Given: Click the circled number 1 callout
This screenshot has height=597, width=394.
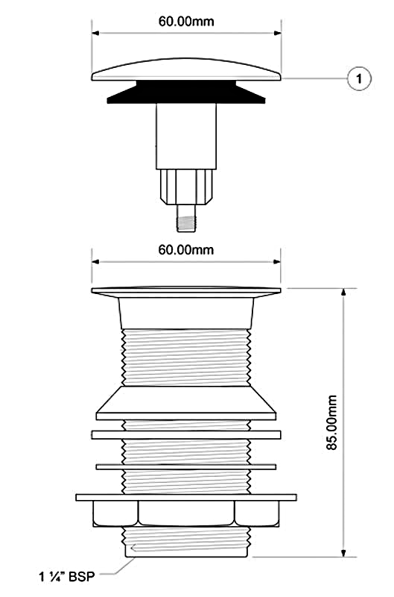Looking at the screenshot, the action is pos(359,79).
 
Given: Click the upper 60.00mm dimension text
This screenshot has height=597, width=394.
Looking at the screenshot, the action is pos(186,22).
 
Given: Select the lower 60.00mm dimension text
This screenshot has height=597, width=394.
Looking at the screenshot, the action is pos(185,250).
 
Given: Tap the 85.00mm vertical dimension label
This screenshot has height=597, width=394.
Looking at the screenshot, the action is pos(331,422).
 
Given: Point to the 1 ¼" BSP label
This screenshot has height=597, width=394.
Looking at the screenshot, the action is pos(66,576).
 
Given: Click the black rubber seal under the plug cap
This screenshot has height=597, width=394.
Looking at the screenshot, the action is pos(186,92).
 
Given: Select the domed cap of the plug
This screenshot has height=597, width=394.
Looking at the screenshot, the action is pos(186,69).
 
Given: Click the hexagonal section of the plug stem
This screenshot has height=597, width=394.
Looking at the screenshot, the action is pos(186,187).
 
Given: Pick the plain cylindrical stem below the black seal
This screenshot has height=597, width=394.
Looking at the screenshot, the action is pos(186,137).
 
